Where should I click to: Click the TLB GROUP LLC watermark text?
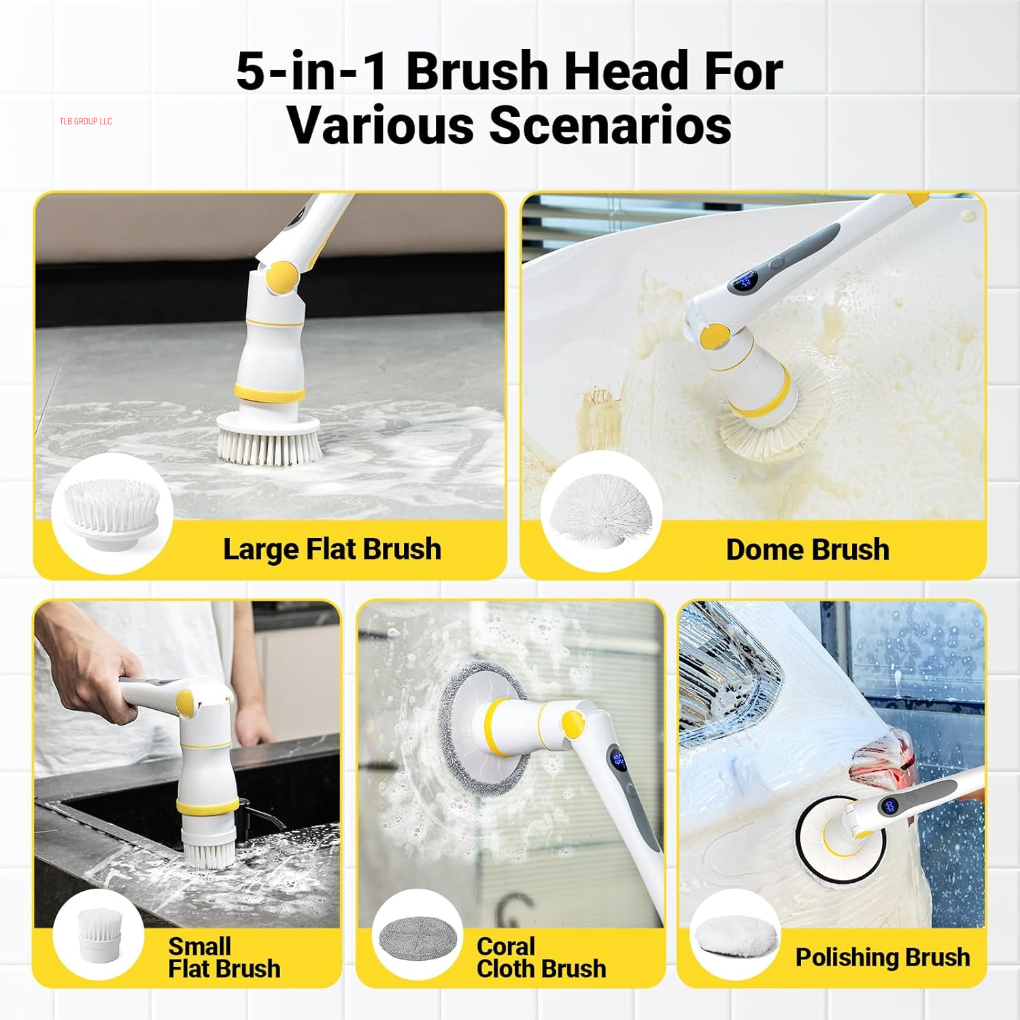pos(85,122)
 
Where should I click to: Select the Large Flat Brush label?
pos(332,549)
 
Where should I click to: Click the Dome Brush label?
pos(807,549)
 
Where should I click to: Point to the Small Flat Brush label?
pos(224,957)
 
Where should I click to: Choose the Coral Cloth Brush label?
pos(541,957)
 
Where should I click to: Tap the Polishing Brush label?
pos(882,957)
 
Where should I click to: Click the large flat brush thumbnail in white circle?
pos(112,511)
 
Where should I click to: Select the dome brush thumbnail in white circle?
pos(601,511)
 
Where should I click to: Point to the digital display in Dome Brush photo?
pos(745,280)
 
